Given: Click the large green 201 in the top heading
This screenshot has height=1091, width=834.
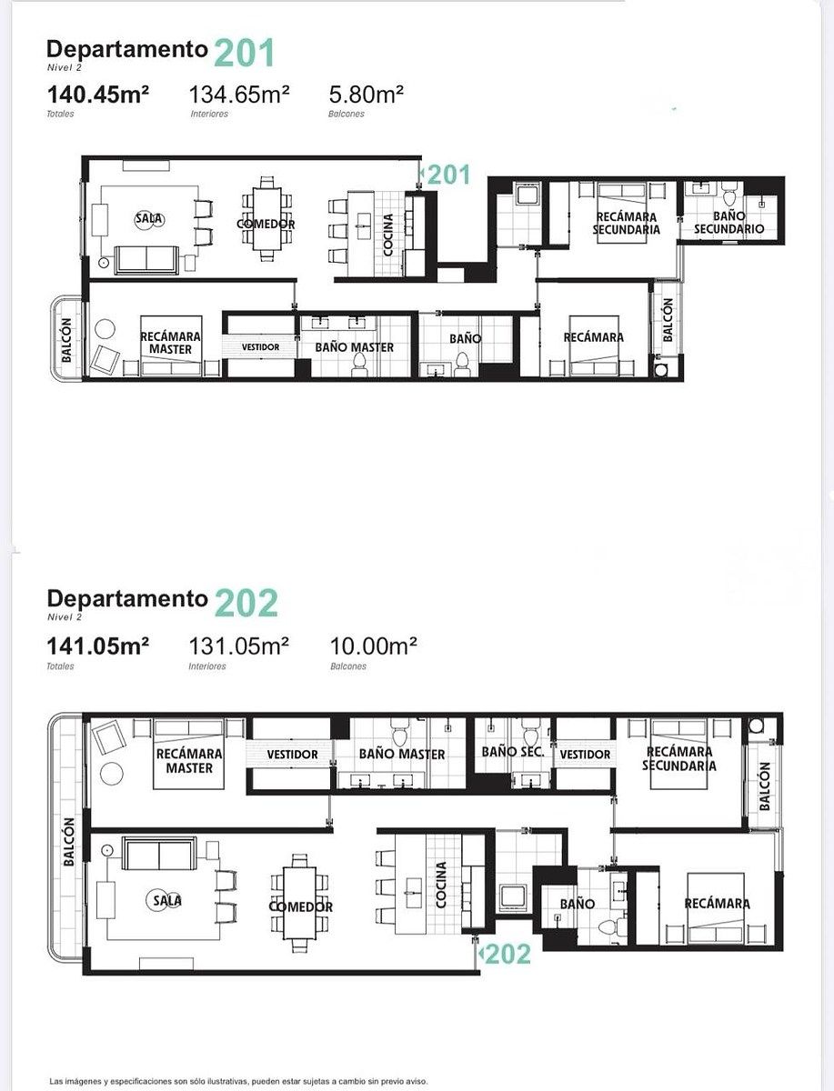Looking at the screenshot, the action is pos(245,53).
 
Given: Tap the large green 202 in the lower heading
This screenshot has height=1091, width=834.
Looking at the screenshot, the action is pos(246,603).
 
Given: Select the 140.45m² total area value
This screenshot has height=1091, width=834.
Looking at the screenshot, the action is pos(98,94).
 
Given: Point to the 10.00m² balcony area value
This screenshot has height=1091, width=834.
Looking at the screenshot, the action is pos(373,646).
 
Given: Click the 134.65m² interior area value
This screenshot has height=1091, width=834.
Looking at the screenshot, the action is pos(239,94).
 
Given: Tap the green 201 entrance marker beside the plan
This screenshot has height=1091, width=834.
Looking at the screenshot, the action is pos(445,175).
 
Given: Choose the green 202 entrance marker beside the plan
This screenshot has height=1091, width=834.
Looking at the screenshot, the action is pos(505,954).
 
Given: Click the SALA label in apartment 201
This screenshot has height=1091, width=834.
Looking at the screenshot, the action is pos(149,219).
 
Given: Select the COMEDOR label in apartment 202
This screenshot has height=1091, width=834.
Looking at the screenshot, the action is pos(301,906).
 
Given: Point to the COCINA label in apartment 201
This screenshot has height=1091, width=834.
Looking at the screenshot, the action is pos(388,235).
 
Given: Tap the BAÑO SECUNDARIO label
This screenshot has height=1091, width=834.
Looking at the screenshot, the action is pos(728,222).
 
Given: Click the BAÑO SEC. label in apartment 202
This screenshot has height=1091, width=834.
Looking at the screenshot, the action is pos(513,752).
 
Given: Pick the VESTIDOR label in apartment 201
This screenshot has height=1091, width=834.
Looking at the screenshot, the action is pos(260,347).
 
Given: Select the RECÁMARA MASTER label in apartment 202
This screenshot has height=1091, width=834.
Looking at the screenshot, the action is pos(189,761).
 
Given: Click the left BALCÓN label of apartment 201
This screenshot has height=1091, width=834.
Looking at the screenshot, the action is pos(66,340).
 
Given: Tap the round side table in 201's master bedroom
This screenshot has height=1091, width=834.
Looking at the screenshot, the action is pos(105,328).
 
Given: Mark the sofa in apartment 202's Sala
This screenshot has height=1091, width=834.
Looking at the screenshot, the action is pos(159,854).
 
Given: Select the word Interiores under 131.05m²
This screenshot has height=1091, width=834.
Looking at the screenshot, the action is pos(207,666).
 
